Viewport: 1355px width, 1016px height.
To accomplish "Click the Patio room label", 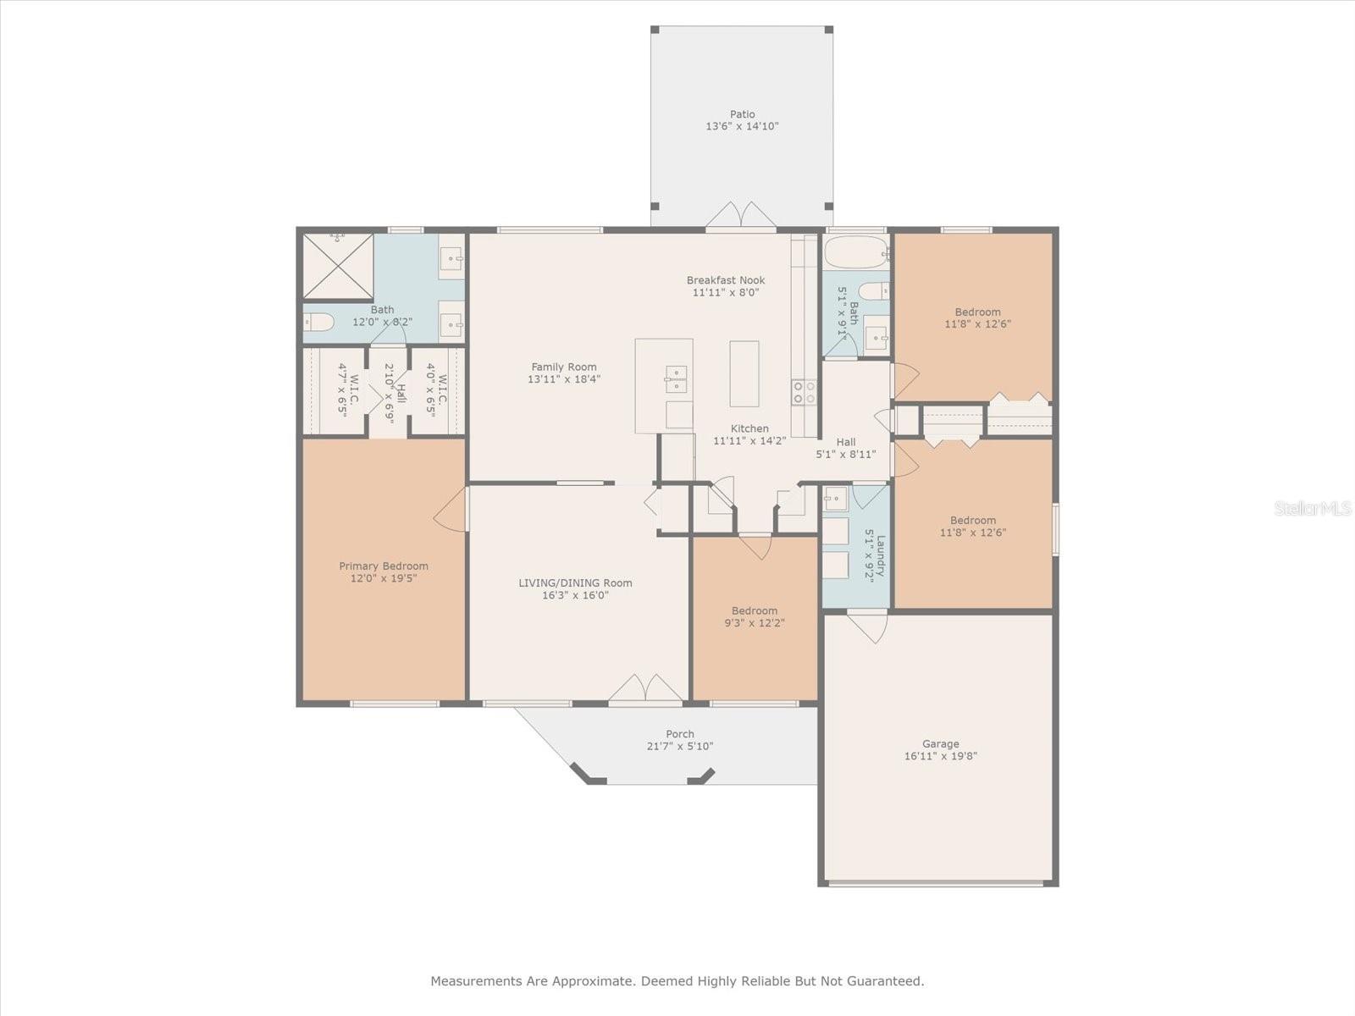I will point(742,114).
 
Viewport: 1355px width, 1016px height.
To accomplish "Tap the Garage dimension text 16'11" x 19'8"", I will point(940,756).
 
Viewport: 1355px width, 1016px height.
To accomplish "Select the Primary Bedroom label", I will point(384,566).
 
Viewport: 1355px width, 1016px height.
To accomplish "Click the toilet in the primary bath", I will point(318,322).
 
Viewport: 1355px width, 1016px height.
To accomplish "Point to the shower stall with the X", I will point(338,266).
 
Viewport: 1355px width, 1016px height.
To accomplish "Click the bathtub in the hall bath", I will point(855,251).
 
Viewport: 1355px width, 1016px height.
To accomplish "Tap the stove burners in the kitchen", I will point(804,391).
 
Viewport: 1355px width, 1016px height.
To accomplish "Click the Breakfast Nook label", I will point(726,280).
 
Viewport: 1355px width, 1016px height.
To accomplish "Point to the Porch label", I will point(680,734).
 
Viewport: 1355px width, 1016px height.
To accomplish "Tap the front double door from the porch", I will point(645,689).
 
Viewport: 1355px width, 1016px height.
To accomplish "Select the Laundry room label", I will point(881,555).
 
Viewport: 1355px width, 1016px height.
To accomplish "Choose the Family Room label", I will point(564,367).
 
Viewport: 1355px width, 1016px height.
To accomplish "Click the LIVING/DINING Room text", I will point(575,583).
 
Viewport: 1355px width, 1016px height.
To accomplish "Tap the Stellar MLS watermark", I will point(1312,508).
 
